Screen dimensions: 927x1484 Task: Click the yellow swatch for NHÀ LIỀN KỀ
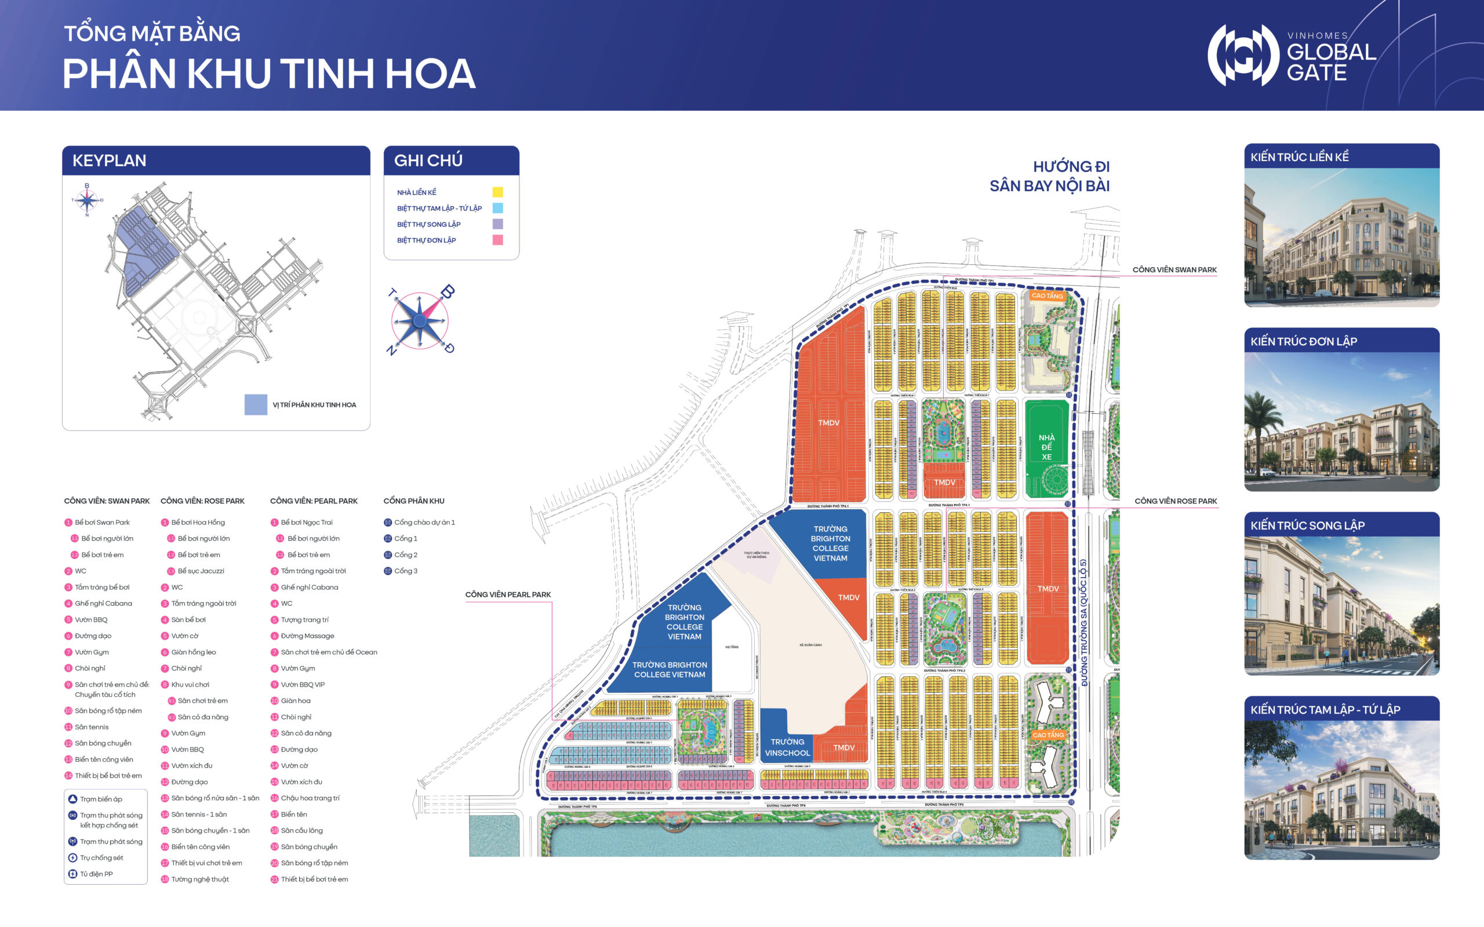coord(497,192)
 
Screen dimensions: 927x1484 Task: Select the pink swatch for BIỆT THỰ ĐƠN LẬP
coord(497,240)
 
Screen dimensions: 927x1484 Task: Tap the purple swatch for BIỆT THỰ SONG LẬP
coord(497,224)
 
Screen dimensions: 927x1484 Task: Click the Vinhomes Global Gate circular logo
coord(1242,55)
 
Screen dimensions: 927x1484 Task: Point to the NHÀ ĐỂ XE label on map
coord(1046,447)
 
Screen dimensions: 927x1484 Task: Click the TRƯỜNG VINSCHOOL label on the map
coord(787,747)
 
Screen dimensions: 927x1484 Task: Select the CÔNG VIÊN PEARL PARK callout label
coord(508,594)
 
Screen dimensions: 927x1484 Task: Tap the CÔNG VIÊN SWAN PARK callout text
coord(1174,270)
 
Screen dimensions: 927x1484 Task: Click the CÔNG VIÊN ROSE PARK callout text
coord(1175,501)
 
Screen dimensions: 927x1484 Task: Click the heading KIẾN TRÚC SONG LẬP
coord(1307,525)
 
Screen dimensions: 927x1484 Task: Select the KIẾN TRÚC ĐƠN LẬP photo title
coord(1303,341)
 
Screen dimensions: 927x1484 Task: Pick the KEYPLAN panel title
coord(109,160)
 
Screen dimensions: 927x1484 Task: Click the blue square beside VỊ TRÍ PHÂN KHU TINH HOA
coord(256,404)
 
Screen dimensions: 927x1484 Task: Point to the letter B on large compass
coord(448,292)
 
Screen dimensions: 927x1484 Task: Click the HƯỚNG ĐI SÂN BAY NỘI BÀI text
coord(1049,176)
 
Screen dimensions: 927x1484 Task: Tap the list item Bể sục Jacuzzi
coord(201,571)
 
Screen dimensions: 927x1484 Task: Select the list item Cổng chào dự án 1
coord(424,523)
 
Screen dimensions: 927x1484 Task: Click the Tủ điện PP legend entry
coord(96,874)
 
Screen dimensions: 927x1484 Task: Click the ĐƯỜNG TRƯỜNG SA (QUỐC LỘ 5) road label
coord(1083,622)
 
